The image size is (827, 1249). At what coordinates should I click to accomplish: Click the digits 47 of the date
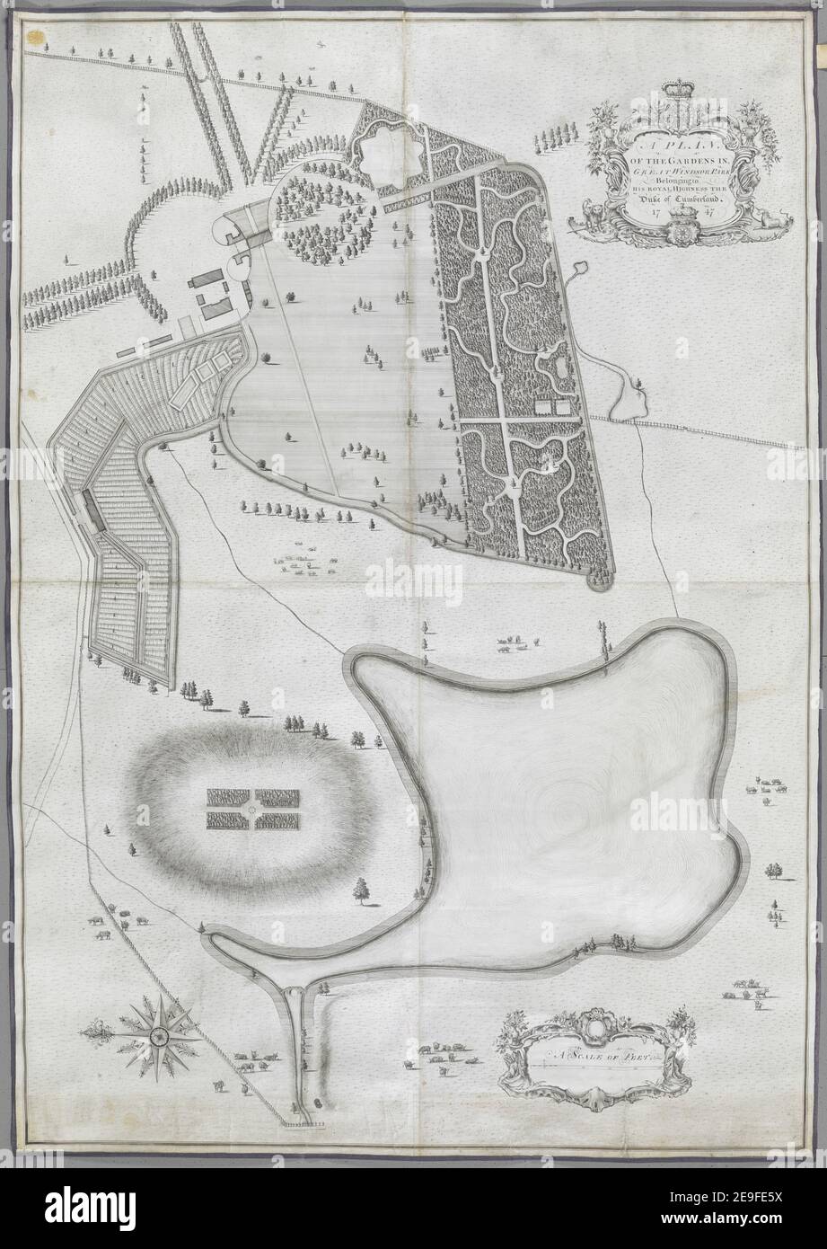[709, 214]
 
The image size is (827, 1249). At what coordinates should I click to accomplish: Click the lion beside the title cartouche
[594, 215]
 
